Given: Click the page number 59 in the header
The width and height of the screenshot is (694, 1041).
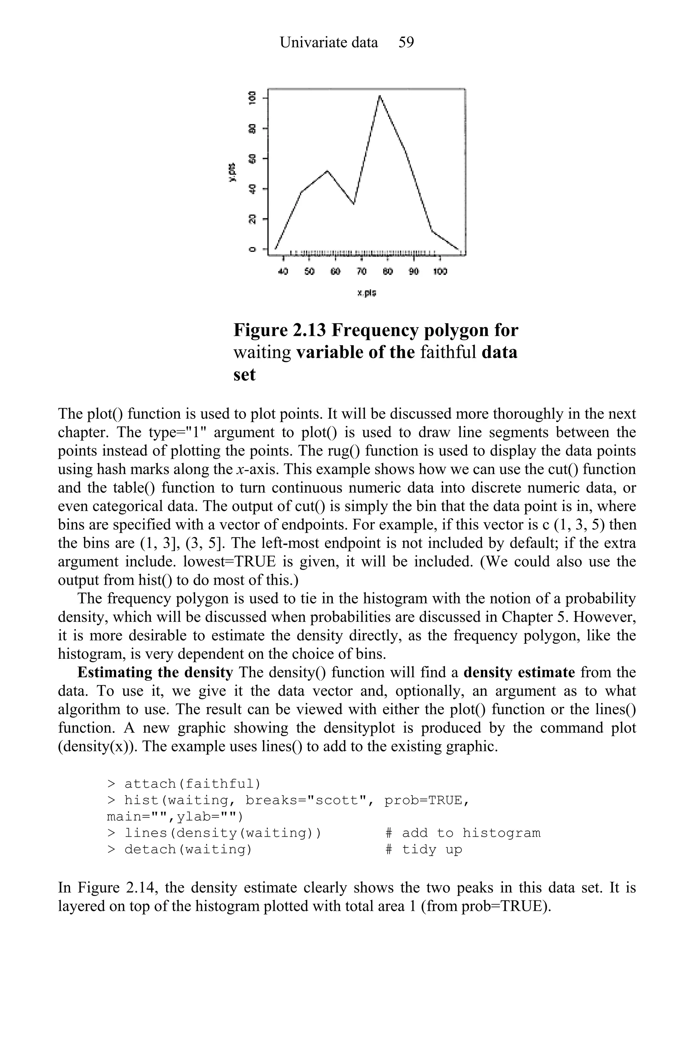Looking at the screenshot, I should coord(406,42).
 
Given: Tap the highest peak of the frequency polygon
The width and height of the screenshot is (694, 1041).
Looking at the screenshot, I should coord(379,96).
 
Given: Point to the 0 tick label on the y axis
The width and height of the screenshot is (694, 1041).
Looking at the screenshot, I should coord(252,249).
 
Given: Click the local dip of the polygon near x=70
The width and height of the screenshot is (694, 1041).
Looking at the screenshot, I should coord(354,204).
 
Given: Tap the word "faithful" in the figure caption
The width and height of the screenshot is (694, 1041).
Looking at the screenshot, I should coord(447,353).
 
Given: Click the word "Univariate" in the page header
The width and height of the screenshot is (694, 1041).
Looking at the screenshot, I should coord(329,42).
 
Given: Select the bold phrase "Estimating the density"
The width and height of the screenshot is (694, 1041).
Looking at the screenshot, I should coord(155,672).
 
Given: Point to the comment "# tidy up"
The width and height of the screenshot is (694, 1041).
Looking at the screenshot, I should coord(424,849).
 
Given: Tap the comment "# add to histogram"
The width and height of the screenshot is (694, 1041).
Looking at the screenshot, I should coord(463,833).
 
